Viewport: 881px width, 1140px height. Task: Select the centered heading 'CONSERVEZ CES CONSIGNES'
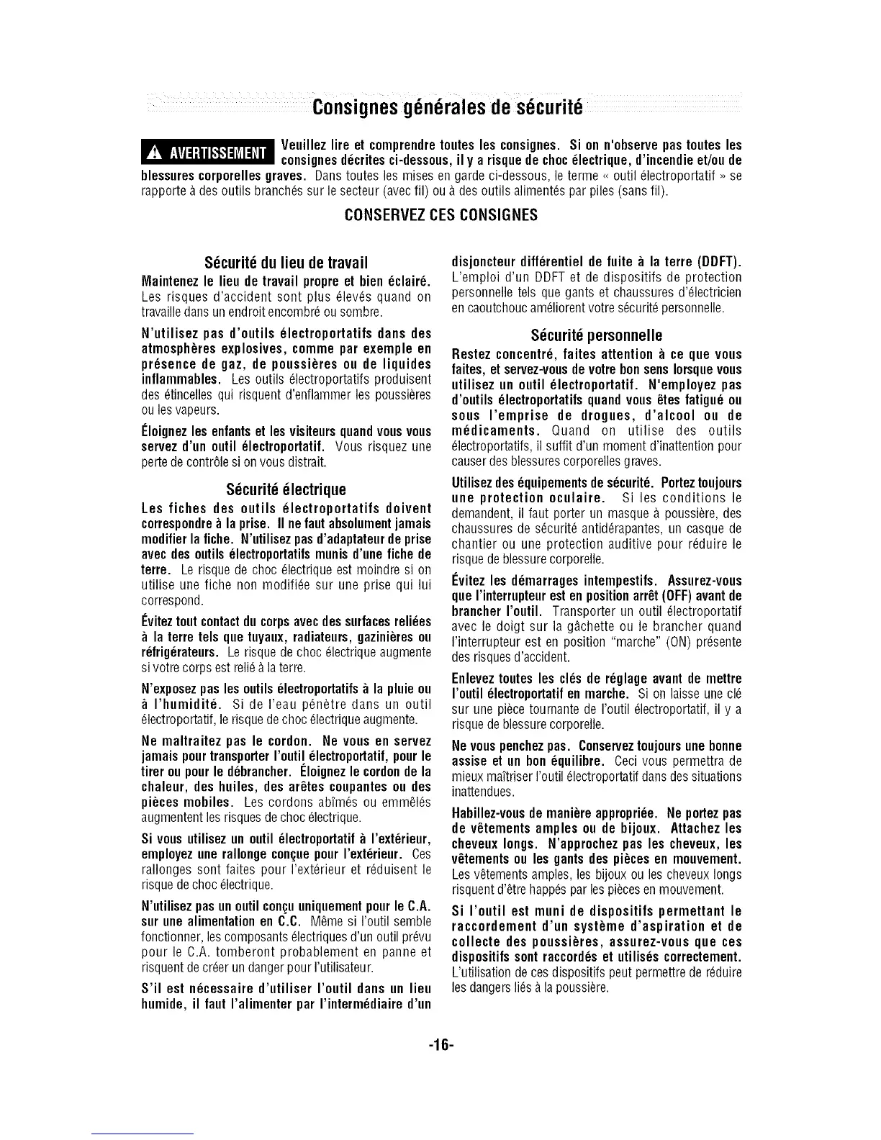(441, 215)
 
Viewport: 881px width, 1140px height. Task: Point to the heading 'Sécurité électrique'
(286, 490)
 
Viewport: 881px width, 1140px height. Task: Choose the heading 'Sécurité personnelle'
(596, 336)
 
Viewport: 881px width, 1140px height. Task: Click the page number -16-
(441, 1041)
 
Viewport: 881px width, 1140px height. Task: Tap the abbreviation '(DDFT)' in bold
(717, 261)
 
